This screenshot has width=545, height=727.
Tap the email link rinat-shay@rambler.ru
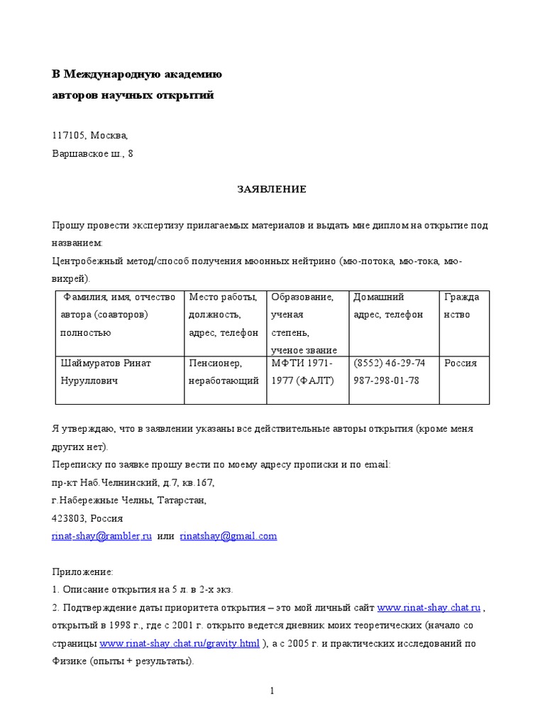pos(102,536)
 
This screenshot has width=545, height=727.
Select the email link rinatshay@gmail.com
pos(228,536)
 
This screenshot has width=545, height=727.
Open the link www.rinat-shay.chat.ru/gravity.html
pos(180,644)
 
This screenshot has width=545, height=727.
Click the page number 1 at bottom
pos(272,692)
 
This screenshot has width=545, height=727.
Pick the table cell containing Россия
pos(461,363)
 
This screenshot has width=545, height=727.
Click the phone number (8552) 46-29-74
pos(390,363)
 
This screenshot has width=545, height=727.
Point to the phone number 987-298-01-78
pos(386,381)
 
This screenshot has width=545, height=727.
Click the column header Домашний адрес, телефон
pos(388,305)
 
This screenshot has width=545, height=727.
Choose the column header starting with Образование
pos(302,297)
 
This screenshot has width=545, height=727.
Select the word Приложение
pos(82,572)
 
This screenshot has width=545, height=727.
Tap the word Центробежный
pos(88,261)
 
